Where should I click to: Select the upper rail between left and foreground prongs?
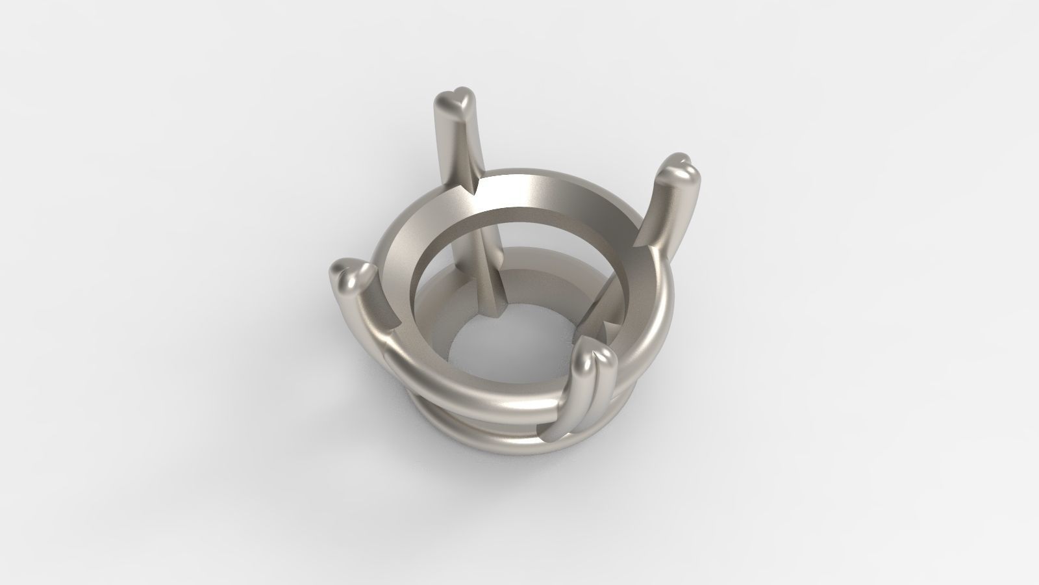coord(468,383)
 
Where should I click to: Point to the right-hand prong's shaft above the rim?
coord(662,214)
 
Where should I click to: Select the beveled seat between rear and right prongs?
coord(571,195)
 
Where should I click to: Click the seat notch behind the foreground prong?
coord(604,328)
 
